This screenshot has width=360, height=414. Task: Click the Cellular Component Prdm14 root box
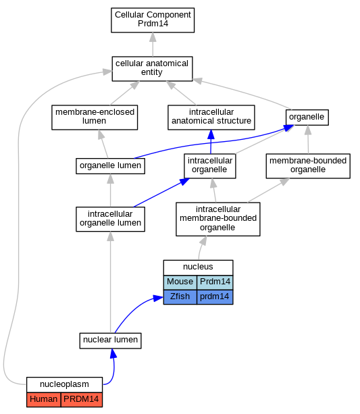pos(153,20)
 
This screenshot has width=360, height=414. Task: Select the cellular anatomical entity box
pos(152,69)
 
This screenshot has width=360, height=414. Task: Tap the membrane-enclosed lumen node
pos(95,118)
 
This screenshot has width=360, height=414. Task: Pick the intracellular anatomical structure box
pos(211,118)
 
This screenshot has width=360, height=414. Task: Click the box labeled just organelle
pos(307,118)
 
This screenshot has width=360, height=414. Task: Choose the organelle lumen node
pos(110,166)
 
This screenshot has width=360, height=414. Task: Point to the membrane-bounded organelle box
pos(308,166)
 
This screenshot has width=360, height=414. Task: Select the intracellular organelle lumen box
pos(110,219)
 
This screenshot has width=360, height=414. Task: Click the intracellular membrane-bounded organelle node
pos(218,219)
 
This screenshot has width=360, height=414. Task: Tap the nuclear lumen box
pos(110,340)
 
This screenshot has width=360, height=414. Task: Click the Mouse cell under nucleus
pos(180,282)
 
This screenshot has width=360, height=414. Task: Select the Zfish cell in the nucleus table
pos(180,297)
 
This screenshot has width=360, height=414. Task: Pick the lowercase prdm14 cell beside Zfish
pos(215,297)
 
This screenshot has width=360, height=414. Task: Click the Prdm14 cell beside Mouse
pos(215,282)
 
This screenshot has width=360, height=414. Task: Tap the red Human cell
pos(44,399)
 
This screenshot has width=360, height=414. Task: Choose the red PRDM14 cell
pos(82,399)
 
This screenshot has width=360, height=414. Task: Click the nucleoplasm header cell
pos(64,385)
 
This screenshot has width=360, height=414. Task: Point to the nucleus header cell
pos(198,267)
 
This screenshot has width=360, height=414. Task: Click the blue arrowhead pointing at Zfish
pos(158,299)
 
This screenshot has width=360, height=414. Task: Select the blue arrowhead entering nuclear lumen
pos(113,353)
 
